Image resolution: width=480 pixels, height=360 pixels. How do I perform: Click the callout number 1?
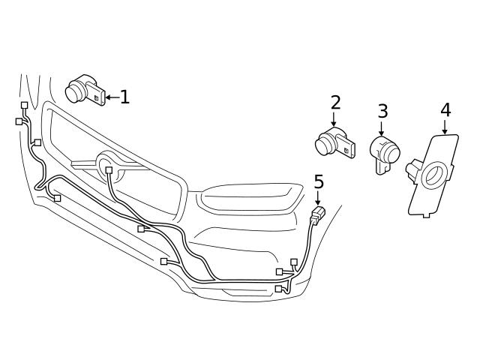(x=124, y=96)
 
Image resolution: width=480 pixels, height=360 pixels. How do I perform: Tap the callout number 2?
(x=334, y=102)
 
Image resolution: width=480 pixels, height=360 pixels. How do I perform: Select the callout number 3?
(x=382, y=111)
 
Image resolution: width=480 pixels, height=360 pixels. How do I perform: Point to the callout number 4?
(x=445, y=109)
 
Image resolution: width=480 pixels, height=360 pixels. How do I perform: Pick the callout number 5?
(x=319, y=181)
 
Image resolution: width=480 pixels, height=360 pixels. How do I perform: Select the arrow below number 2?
(x=334, y=120)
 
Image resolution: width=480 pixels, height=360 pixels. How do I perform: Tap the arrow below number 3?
(x=382, y=128)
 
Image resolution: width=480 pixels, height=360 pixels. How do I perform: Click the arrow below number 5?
(x=318, y=199)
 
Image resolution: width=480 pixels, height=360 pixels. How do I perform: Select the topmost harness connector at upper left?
(x=25, y=106)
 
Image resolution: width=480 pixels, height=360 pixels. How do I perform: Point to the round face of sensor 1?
(x=75, y=92)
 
